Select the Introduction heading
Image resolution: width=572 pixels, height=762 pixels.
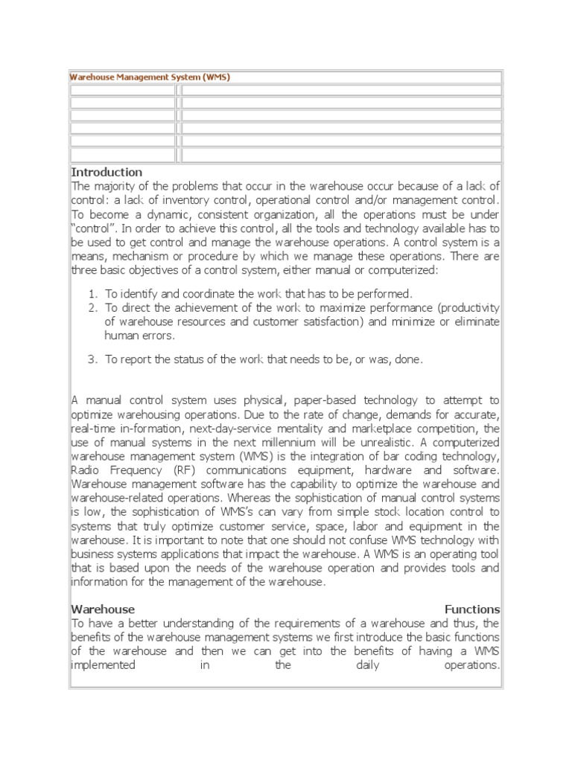point(107,173)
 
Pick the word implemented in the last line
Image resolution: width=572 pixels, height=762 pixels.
point(103,665)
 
